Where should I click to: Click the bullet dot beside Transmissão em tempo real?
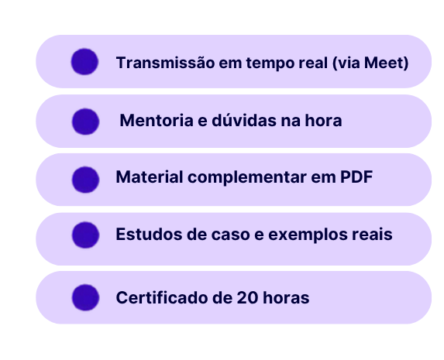[84, 62]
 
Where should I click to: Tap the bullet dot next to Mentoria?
[85, 122]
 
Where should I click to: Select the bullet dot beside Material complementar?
[85, 180]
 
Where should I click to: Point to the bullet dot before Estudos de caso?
[85, 235]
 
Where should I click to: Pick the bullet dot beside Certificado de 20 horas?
[85, 297]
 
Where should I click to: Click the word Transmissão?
[165, 63]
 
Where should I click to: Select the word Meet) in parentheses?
[386, 63]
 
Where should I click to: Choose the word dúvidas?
[244, 120]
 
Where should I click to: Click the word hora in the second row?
[323, 120]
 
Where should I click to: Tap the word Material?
[150, 177]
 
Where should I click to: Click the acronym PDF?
[356, 177]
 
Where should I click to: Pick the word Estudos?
[149, 235]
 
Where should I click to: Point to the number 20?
[247, 298]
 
